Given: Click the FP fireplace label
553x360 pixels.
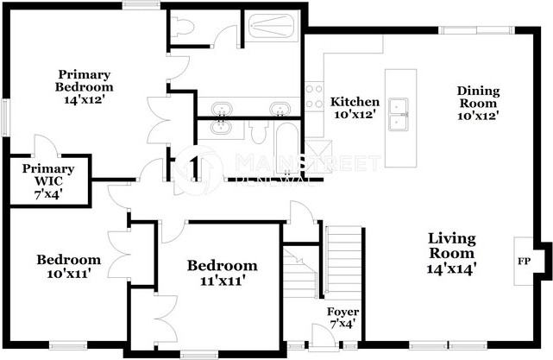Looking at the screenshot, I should pyautogui.click(x=524, y=259).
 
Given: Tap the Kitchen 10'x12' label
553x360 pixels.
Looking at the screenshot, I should pyautogui.click(x=355, y=108).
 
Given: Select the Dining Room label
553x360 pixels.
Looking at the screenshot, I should pyautogui.click(x=479, y=102).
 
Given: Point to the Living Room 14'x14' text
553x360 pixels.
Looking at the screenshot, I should pyautogui.click(x=451, y=253).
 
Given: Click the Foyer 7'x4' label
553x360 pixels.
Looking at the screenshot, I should pyautogui.click(x=342, y=318).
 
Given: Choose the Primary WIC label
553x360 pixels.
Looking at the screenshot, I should pyautogui.click(x=48, y=175).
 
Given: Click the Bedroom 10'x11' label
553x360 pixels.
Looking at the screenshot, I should pyautogui.click(x=68, y=266).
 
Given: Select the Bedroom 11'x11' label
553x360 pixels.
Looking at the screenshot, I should pyautogui.click(x=222, y=272).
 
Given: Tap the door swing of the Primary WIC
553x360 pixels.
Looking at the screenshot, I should pyautogui.click(x=41, y=147).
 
